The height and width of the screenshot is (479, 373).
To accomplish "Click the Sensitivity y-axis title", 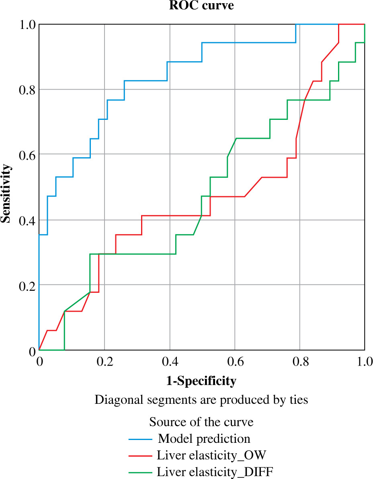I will click(5, 192).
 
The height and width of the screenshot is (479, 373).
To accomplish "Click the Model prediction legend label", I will click(204, 438).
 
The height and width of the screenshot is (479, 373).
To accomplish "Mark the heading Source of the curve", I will click(201, 422).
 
